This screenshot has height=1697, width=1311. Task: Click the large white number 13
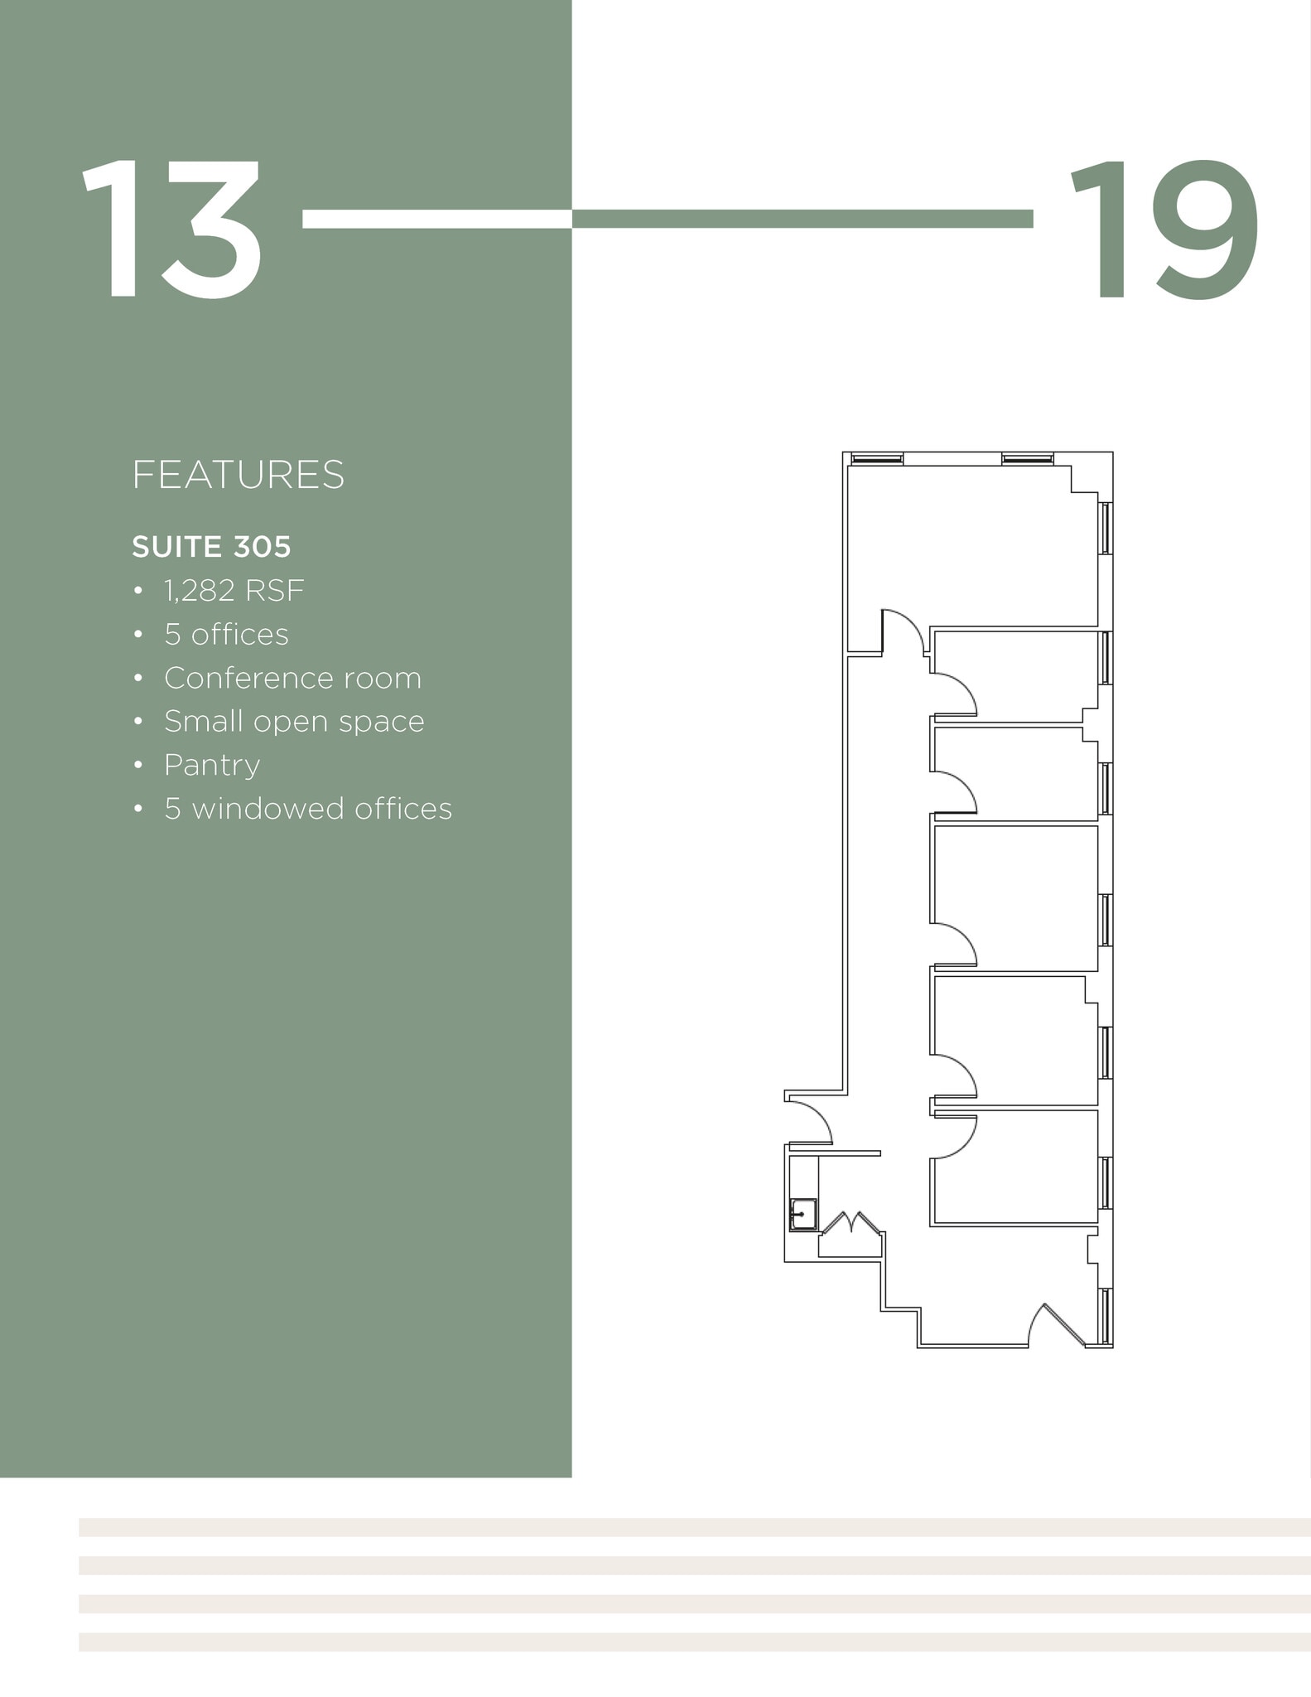pos(171,230)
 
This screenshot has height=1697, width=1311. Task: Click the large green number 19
pos(1164,230)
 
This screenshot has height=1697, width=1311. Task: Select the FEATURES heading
pos(238,475)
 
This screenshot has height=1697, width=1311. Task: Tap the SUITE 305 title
pos(211,547)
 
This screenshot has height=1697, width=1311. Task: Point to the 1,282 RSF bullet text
pos(234,591)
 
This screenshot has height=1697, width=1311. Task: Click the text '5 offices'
pos(226,635)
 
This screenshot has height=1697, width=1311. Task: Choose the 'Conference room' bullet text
pos(292,678)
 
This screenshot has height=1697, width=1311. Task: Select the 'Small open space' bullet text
pos(294,722)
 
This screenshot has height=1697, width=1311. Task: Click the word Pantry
pos(212,765)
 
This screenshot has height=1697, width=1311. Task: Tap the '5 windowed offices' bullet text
pos(308,809)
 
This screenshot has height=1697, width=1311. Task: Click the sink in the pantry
pos(803,1214)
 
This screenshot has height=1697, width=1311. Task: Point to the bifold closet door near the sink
pos(849,1223)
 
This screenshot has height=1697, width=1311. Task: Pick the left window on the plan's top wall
pos(876,458)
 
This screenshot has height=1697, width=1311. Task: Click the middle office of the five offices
pos(1015,895)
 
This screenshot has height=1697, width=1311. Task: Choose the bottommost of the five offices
pos(1015,1167)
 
